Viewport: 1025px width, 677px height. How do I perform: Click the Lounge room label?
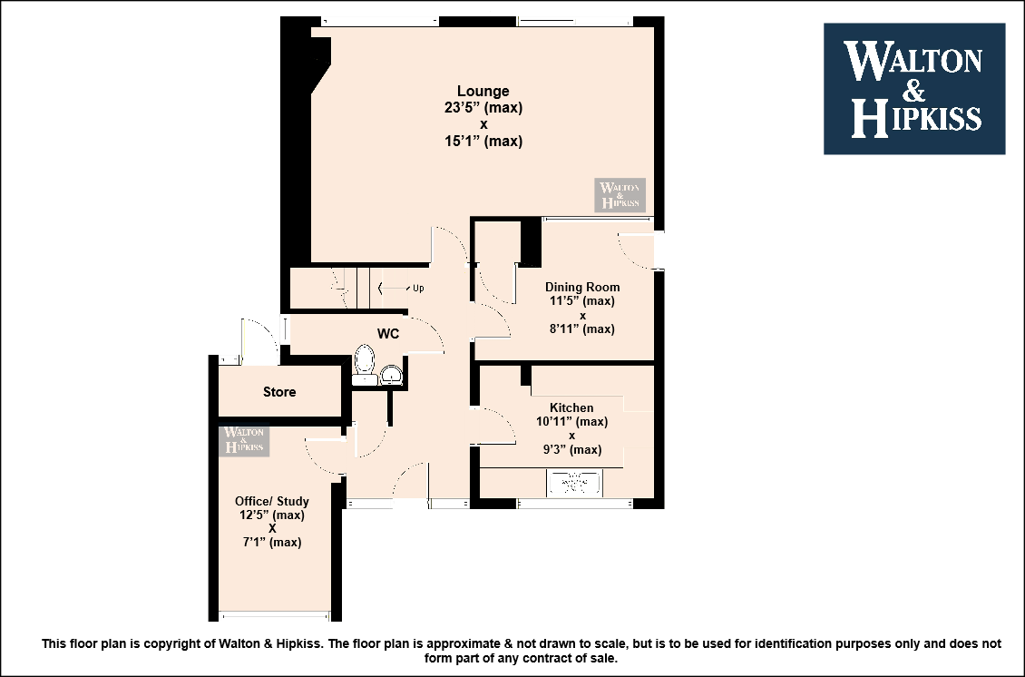pyautogui.click(x=483, y=91)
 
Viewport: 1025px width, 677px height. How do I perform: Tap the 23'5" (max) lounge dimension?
pyautogui.click(x=483, y=107)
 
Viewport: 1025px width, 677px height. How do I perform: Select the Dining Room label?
pyautogui.click(x=582, y=287)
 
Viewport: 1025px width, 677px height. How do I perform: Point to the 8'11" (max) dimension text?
pyautogui.click(x=582, y=329)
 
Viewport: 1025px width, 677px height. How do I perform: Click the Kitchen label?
pyautogui.click(x=571, y=407)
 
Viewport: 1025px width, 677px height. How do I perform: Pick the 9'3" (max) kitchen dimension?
pyautogui.click(x=572, y=449)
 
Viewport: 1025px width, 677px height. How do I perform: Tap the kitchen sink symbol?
pyautogui.click(x=574, y=484)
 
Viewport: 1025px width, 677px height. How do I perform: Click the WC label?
pyautogui.click(x=388, y=334)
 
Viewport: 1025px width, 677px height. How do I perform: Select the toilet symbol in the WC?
pyautogui.click(x=364, y=364)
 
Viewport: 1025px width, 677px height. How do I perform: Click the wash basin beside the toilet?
pyautogui.click(x=392, y=374)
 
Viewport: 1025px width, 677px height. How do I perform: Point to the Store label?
pyautogui.click(x=279, y=392)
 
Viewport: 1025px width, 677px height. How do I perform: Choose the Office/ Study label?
pyautogui.click(x=272, y=501)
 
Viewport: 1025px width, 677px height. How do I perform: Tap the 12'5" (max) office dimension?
pyautogui.click(x=272, y=515)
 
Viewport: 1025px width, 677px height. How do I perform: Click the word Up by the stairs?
pyautogui.click(x=418, y=288)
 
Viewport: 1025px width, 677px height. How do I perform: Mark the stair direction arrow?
pyautogui.click(x=392, y=288)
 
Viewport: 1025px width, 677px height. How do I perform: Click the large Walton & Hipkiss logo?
pyautogui.click(x=914, y=89)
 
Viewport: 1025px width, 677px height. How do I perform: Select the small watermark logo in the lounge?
pyautogui.click(x=620, y=195)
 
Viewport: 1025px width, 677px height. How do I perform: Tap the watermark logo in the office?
pyautogui.click(x=244, y=439)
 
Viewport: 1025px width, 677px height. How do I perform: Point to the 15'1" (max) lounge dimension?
pyautogui.click(x=483, y=141)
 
